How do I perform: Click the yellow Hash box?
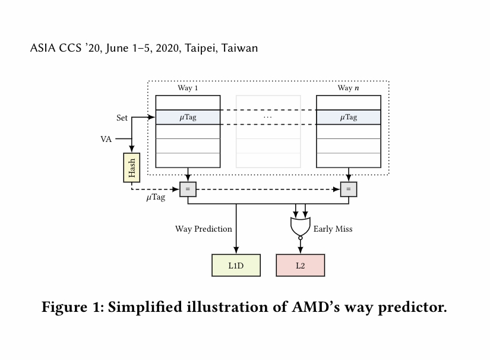tap(132, 168)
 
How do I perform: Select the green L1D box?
tap(236, 266)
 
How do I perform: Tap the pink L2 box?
tap(301, 266)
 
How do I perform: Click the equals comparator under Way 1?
tap(188, 189)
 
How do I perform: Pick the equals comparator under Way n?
tap(349, 189)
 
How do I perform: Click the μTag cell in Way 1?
tap(188, 117)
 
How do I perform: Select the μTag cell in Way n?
tap(349, 117)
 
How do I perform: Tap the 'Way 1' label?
tap(188, 88)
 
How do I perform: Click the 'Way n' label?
tap(348, 88)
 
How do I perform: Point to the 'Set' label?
tap(122, 118)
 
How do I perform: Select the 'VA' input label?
tap(106, 139)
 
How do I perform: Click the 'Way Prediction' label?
tap(204, 229)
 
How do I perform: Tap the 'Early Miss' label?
tap(333, 229)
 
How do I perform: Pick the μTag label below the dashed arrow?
tap(156, 197)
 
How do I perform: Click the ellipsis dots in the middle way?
tap(268, 117)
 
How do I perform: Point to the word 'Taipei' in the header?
tap(201, 48)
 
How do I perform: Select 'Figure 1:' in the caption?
tap(73, 308)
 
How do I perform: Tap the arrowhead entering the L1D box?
tap(236, 250)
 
